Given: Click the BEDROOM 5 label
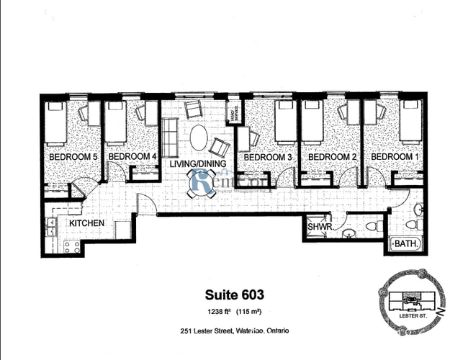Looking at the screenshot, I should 73,157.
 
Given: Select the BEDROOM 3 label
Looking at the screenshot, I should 268,157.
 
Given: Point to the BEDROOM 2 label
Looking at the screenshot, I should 328,157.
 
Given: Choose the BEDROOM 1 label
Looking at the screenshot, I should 392,157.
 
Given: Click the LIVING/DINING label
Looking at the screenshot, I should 195,164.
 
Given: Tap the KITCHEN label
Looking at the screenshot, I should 87,224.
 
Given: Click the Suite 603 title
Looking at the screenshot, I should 234,294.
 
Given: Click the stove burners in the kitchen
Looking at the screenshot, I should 71,247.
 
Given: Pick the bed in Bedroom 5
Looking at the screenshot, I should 55,121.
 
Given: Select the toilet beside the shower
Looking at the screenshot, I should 371,226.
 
